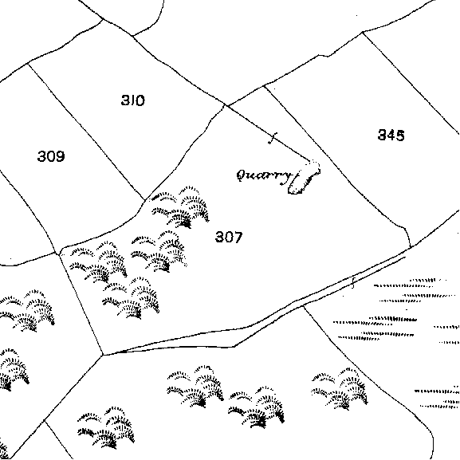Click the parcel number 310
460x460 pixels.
point(133,100)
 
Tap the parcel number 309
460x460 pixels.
point(51,156)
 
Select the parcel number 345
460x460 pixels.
point(391,136)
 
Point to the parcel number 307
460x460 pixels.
point(229,237)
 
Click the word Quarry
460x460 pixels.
point(265,177)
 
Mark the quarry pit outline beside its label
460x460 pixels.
point(304,178)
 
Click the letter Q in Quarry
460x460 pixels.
point(242,175)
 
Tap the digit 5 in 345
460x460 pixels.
point(400,136)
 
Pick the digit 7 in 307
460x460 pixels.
point(238,237)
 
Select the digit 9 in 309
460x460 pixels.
point(60,156)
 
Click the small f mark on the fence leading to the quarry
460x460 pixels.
point(273,138)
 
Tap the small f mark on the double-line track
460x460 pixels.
point(353,282)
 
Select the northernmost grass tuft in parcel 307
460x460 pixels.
point(179,207)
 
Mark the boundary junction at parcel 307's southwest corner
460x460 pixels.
point(103,356)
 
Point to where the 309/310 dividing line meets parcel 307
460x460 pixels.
point(145,200)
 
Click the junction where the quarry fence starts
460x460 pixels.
point(226,105)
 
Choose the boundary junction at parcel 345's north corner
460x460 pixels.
point(363,32)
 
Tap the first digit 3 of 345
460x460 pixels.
point(382,136)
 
